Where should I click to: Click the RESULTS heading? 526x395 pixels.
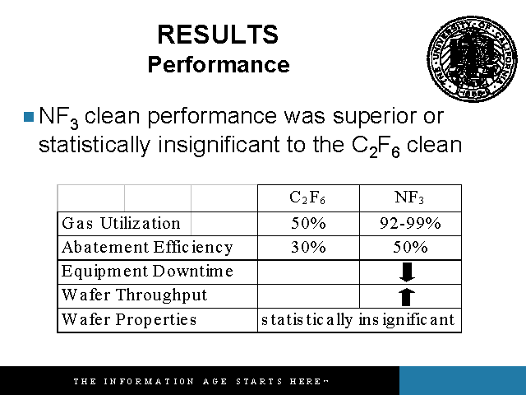(x=218, y=35)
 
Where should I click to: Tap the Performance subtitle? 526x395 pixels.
(x=219, y=64)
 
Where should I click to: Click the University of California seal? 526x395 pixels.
(x=473, y=58)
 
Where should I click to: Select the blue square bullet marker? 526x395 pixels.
(x=29, y=117)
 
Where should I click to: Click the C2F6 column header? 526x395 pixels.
(x=307, y=197)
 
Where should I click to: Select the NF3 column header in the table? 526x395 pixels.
(x=409, y=197)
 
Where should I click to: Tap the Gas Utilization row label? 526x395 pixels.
(x=121, y=223)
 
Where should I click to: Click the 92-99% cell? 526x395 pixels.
(x=410, y=223)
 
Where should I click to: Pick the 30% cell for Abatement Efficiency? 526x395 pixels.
(x=308, y=247)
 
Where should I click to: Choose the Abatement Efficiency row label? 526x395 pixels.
(x=147, y=248)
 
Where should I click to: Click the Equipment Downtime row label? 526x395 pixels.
(x=147, y=272)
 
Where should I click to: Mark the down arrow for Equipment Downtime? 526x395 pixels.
(x=408, y=272)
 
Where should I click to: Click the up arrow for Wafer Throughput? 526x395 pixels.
(x=406, y=296)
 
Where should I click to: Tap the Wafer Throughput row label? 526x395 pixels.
(x=135, y=295)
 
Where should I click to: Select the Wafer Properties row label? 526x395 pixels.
(x=129, y=319)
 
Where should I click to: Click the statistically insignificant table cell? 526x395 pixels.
(x=358, y=320)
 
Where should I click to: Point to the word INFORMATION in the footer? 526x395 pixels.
(x=149, y=382)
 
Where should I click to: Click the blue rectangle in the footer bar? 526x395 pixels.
(x=463, y=380)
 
